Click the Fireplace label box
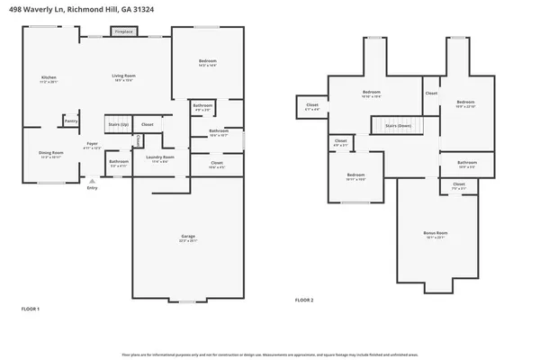click(123, 31)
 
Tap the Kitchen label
click(49, 79)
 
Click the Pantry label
click(71, 120)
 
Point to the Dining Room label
click(50, 154)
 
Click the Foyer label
click(92, 145)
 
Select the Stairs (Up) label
click(118, 123)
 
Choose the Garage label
click(187, 238)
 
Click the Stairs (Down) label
click(397, 127)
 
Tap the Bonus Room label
click(436, 234)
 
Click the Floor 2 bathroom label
click(467, 165)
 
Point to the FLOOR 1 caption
click(31, 309)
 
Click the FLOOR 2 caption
click(305, 299)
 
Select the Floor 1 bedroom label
click(207, 63)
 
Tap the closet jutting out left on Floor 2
click(312, 107)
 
